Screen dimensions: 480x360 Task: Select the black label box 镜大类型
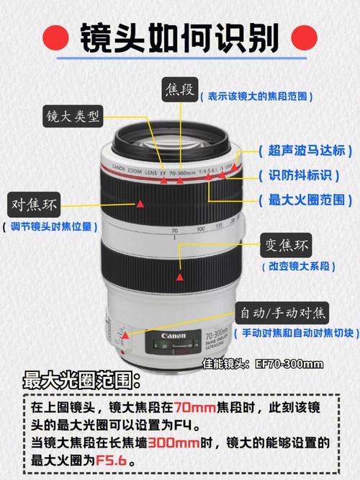[x=73, y=116]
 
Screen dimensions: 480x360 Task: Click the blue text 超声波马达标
[x=305, y=151]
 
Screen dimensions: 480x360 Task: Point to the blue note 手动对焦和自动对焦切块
[x=295, y=333]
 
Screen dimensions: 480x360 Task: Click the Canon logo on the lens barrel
[x=173, y=337]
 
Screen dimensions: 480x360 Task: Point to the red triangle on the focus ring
[x=141, y=204]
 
